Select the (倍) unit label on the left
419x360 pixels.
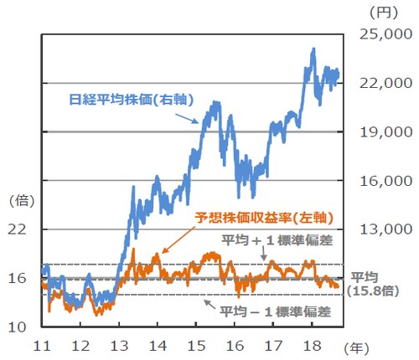(x=19, y=200)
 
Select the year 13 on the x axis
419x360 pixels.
(x=119, y=345)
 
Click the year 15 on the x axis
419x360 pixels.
(x=196, y=345)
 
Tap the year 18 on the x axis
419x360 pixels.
(x=313, y=345)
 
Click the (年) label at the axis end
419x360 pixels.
(x=360, y=345)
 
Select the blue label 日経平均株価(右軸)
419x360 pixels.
(x=131, y=99)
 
